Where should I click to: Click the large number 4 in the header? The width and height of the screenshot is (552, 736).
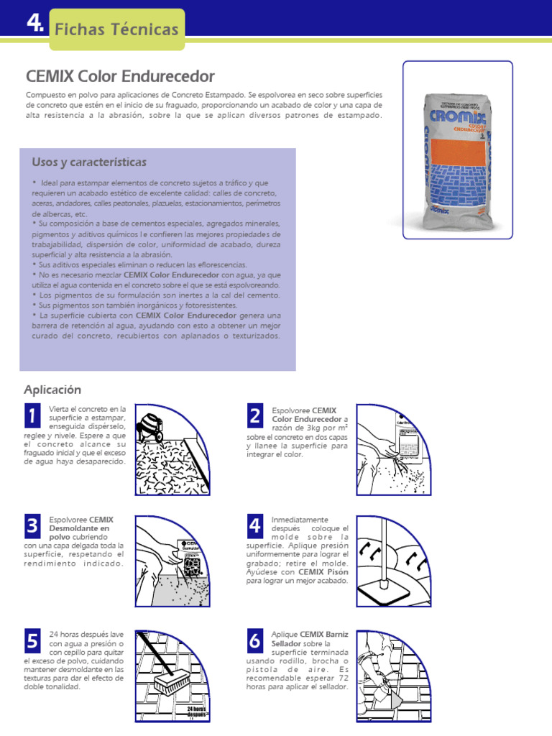point(34,24)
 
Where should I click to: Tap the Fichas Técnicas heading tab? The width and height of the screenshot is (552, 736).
point(116,29)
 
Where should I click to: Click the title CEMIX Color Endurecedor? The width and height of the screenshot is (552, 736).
point(120,76)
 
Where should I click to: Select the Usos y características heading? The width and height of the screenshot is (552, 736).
point(89,162)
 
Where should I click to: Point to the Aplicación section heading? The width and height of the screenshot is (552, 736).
point(52,390)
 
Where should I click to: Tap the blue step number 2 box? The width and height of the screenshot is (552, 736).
point(255,415)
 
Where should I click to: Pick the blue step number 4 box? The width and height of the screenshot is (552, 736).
point(255,527)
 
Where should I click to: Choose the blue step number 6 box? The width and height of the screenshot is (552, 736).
point(255,640)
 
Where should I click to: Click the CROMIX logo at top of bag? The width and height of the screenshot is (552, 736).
point(458,116)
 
